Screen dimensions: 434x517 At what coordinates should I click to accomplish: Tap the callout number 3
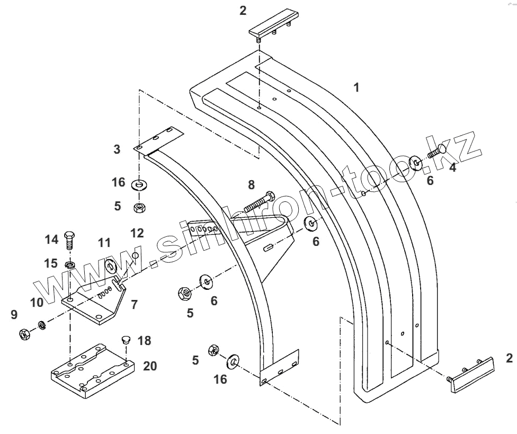click(117, 150)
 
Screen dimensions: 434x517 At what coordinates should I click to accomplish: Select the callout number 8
click(251, 185)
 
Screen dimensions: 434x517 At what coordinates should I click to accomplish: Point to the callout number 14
click(51, 239)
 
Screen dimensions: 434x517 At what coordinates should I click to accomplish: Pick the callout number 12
click(137, 233)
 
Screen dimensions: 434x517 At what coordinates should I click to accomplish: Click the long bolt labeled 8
click(260, 202)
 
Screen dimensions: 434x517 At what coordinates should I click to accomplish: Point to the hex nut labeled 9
click(24, 334)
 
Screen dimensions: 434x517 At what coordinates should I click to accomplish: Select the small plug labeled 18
click(126, 340)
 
